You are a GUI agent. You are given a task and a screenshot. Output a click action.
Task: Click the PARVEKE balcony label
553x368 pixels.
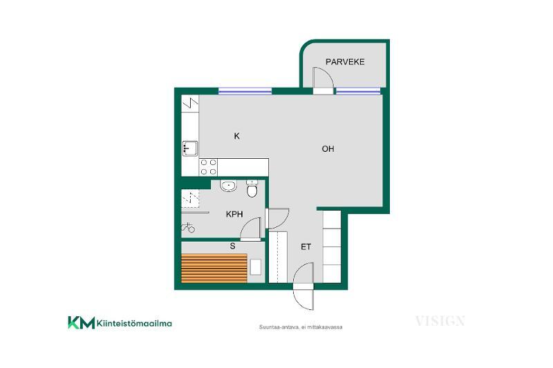pos(345,62)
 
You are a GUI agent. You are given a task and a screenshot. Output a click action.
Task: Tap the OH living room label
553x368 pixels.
pos(328,149)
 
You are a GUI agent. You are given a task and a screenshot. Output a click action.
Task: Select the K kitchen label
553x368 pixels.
pos(237,136)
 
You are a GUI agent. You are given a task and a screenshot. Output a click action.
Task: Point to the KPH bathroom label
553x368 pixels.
pos(234,214)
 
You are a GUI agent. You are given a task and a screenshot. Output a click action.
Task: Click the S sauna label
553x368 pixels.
pos(232,246)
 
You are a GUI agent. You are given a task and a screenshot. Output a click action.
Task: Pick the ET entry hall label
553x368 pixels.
pos(306,247)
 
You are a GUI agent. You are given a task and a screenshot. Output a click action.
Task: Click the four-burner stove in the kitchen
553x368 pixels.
pos(208,167)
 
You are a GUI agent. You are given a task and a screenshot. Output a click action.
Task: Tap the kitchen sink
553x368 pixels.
pos(190,148)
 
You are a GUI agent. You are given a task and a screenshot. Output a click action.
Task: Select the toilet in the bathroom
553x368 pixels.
pos(252,188)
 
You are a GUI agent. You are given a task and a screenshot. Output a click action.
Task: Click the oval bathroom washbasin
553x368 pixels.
pos(229,186)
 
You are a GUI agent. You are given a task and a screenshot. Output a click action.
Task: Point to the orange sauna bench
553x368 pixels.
pos(214,269)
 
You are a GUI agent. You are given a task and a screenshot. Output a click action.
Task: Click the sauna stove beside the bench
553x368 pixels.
pos(256,267)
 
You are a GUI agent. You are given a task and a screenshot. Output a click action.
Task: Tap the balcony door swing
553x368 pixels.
pos(323,77)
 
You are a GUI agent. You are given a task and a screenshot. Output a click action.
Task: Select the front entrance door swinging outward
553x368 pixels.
pos(303,296)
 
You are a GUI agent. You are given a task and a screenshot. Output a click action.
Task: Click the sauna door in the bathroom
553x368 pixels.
pos(251,229)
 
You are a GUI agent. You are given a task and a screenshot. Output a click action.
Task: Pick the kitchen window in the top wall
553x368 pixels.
pos(245,91)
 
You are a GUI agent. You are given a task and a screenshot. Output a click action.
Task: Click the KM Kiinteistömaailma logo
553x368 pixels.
pos(120,322)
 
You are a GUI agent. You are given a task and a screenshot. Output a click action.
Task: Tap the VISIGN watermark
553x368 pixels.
pos(440,321)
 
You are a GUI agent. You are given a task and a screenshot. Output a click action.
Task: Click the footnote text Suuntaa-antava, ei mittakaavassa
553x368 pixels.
pos(301,327)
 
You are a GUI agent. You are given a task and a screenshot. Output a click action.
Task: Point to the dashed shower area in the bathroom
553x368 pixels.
pos(190,199)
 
